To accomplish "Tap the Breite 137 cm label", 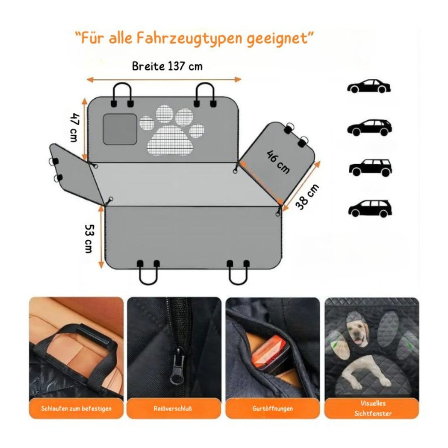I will point(167,66).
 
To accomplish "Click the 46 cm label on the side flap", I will point(278,162).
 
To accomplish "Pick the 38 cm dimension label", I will point(307,197).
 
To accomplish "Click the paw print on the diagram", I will point(172,130).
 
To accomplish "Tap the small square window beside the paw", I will point(120,129).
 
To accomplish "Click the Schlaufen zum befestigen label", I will point(76,409).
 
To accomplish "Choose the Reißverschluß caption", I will point(173,409).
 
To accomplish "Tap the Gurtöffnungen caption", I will point(273,409).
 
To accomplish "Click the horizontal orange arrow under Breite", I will point(164,79).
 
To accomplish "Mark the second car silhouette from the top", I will point(369,127).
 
